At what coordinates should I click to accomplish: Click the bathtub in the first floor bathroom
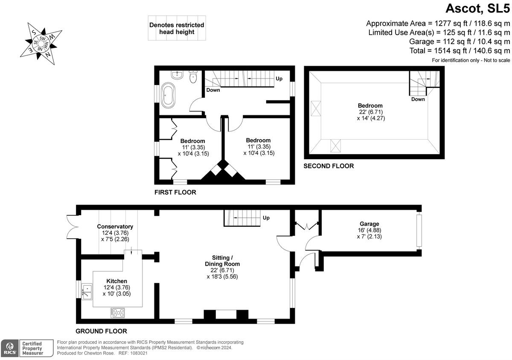[168, 95]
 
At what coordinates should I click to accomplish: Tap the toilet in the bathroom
[193, 76]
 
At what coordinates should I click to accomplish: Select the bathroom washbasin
[177, 75]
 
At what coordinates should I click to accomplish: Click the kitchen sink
[87, 291]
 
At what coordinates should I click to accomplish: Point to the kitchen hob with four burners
[118, 313]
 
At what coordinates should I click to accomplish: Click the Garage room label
[369, 224]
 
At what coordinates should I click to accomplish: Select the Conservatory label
[115, 226]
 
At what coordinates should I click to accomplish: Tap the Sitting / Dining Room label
[222, 261]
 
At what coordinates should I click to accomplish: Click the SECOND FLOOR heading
[329, 166]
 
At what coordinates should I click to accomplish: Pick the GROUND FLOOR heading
[101, 331]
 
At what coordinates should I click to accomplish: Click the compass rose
[41, 44]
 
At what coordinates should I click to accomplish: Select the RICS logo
[9, 348]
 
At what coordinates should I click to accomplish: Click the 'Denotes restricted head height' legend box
[177, 28]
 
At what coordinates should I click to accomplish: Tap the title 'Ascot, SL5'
[478, 9]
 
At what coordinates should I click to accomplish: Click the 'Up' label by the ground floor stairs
[266, 218]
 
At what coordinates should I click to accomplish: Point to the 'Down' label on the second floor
[418, 99]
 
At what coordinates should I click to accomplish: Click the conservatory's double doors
[73, 227]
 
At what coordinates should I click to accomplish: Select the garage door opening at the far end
[419, 231]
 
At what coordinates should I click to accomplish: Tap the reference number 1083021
[139, 353]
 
